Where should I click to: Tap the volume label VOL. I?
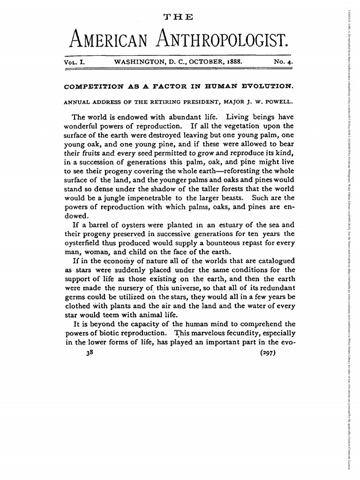click(77, 61)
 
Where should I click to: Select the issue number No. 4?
click(283, 61)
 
